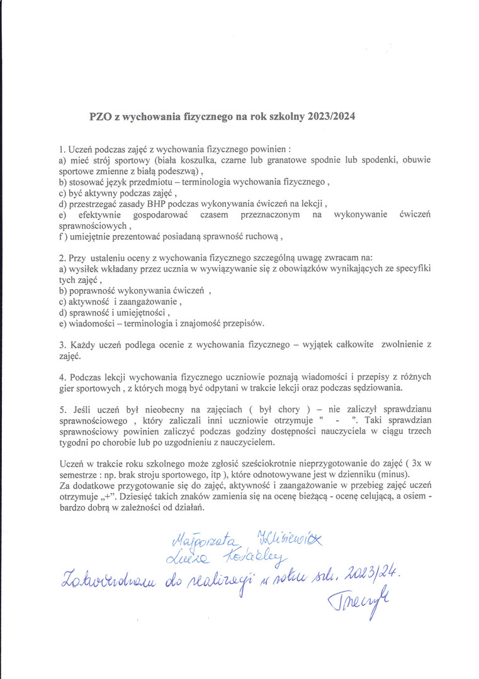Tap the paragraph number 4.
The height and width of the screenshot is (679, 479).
62,377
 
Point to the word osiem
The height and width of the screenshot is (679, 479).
413,497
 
